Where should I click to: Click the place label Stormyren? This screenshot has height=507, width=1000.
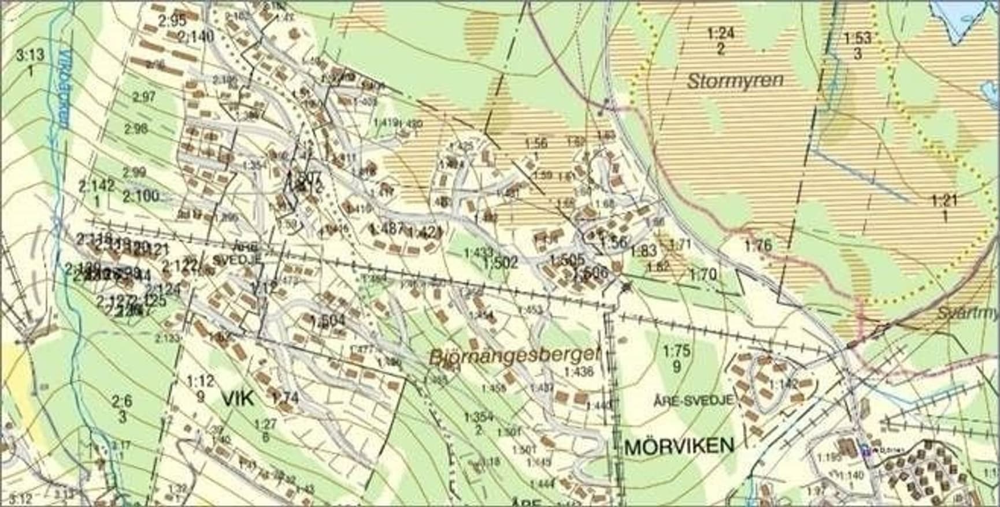pyautogui.click(x=735, y=80)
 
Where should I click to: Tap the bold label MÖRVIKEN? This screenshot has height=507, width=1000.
pyautogui.click(x=679, y=445)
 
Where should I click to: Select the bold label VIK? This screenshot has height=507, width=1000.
pyautogui.click(x=238, y=398)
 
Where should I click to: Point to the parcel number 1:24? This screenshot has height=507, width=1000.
pyautogui.click(x=721, y=33)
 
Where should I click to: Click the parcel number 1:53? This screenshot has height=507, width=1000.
pyautogui.click(x=857, y=38)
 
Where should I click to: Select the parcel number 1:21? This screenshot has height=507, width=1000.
pyautogui.click(x=945, y=201)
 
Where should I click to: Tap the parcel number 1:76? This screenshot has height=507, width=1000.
pyautogui.click(x=758, y=245)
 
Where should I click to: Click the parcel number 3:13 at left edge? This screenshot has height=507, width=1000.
pyautogui.click(x=30, y=55)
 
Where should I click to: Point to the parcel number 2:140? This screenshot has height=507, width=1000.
pyautogui.click(x=196, y=37)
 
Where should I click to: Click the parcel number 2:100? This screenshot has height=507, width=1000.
pyautogui.click(x=140, y=196)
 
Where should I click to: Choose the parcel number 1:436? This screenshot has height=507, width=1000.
pyautogui.click(x=579, y=372)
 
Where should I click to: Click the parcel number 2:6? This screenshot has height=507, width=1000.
pyautogui.click(x=122, y=401)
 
